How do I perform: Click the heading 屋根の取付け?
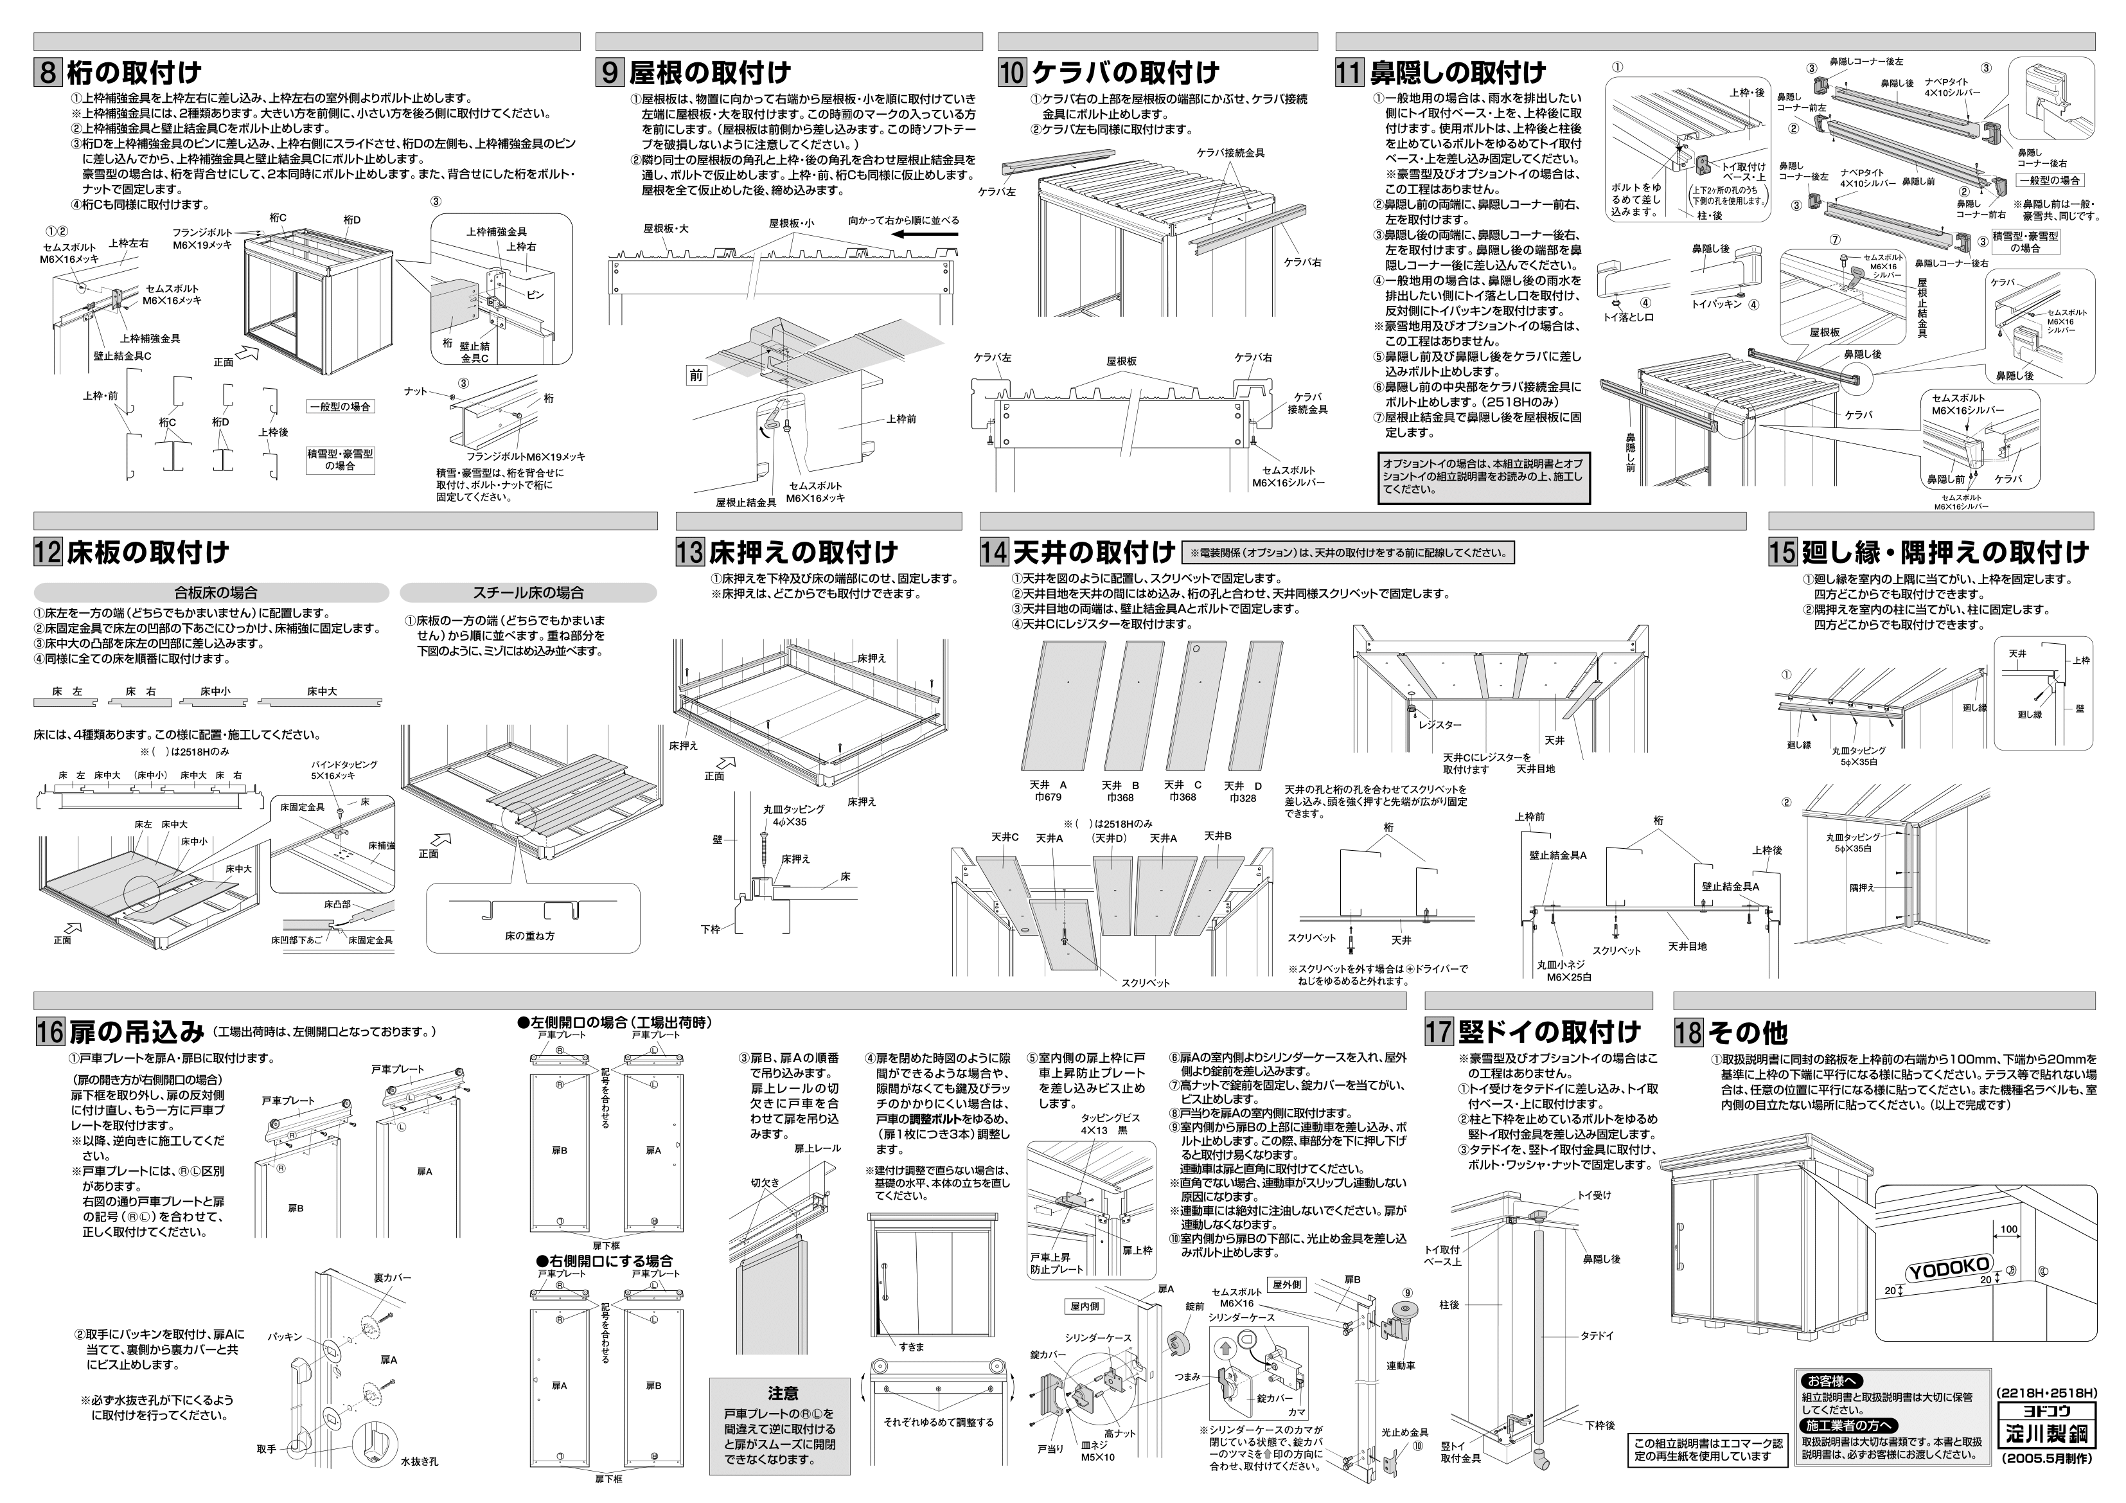click(x=710, y=72)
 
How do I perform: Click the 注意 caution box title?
click(x=783, y=1393)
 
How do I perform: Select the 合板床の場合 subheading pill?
click(x=211, y=592)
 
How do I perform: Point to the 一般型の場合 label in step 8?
click(x=340, y=407)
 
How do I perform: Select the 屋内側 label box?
click(x=1083, y=1306)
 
